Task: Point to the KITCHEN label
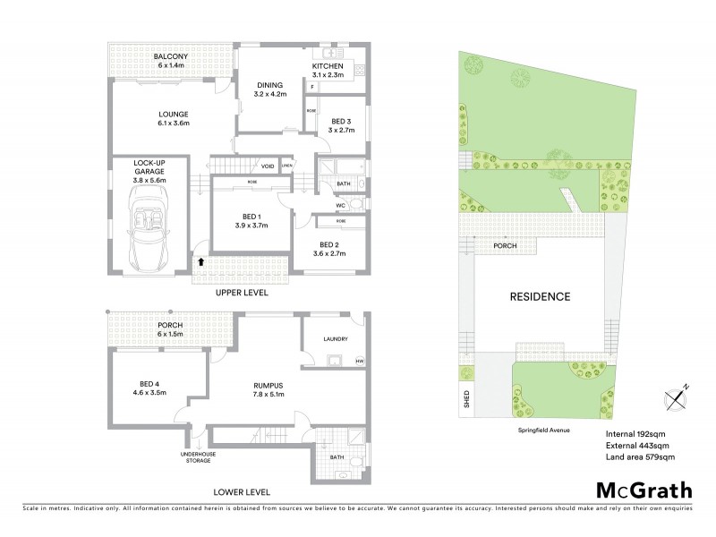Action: point(328,67)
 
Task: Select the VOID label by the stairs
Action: point(267,166)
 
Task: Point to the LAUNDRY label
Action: point(333,338)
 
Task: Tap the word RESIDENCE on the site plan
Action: point(541,296)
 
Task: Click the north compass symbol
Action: point(673,396)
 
